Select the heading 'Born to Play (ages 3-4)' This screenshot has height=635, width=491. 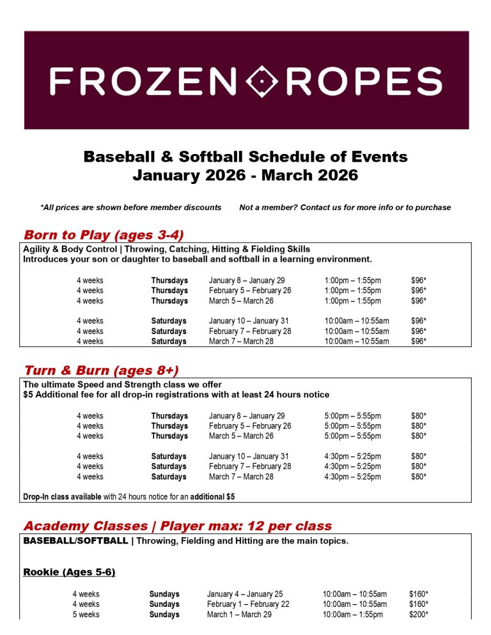(104, 234)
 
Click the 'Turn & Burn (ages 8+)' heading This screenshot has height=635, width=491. (101, 371)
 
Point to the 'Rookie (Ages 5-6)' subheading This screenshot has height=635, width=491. (69, 572)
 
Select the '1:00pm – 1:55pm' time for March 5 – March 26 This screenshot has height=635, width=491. (352, 301)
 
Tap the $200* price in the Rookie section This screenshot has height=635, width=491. (418, 615)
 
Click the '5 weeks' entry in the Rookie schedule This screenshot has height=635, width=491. (86, 615)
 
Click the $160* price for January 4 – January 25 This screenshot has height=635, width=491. (418, 594)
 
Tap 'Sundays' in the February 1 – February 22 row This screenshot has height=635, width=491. (164, 604)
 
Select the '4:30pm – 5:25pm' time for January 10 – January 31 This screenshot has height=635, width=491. (352, 457)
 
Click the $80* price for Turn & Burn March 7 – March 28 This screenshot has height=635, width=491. (418, 477)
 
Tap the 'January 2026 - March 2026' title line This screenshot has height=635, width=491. (245, 175)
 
